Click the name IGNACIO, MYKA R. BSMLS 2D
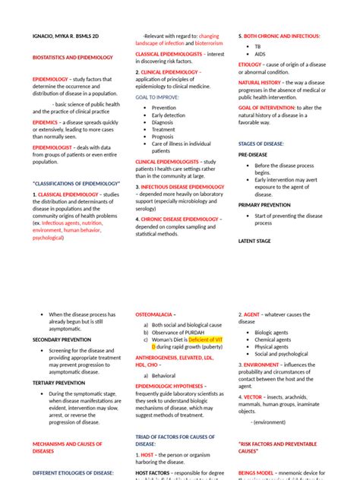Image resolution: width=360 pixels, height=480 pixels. coord(68,36)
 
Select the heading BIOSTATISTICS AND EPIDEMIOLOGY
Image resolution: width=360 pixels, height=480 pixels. coord(72,57)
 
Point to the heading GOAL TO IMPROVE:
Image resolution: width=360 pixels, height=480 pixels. coord(157,98)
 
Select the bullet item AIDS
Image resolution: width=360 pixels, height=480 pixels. coord(261,55)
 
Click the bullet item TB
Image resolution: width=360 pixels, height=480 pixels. coord(258,46)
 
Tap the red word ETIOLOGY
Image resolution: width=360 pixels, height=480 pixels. coord(250,65)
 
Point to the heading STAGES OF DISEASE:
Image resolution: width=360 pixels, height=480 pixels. coord(262,143)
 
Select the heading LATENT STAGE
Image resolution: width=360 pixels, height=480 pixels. coord(255,241)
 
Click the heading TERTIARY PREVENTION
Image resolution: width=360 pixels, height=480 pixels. coord(58,383)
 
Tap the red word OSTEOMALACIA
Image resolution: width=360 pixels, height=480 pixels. coord(154,314)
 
